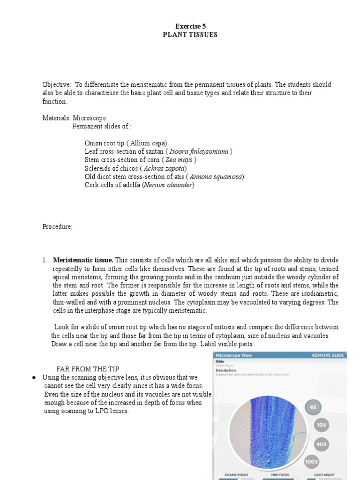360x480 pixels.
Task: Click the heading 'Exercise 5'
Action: tap(190, 26)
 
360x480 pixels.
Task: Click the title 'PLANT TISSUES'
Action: tap(190, 35)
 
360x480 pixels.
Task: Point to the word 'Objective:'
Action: tap(57, 85)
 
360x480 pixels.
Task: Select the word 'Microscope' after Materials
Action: tap(89, 118)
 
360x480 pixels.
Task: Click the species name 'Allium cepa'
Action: tap(149, 143)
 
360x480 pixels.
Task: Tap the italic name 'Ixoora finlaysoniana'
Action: tap(199, 152)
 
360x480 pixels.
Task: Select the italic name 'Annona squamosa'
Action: tap(216, 177)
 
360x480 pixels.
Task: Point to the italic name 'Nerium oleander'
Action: tap(168, 185)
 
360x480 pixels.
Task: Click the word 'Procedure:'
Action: tap(57, 227)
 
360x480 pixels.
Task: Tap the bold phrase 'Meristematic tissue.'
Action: tap(83, 260)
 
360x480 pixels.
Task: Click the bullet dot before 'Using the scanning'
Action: tap(34, 378)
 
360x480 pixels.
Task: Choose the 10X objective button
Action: tap(321, 426)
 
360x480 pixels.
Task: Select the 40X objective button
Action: tap(321, 444)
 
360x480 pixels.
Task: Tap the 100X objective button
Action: tap(312, 462)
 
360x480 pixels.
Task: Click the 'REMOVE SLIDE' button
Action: tap(328, 355)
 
